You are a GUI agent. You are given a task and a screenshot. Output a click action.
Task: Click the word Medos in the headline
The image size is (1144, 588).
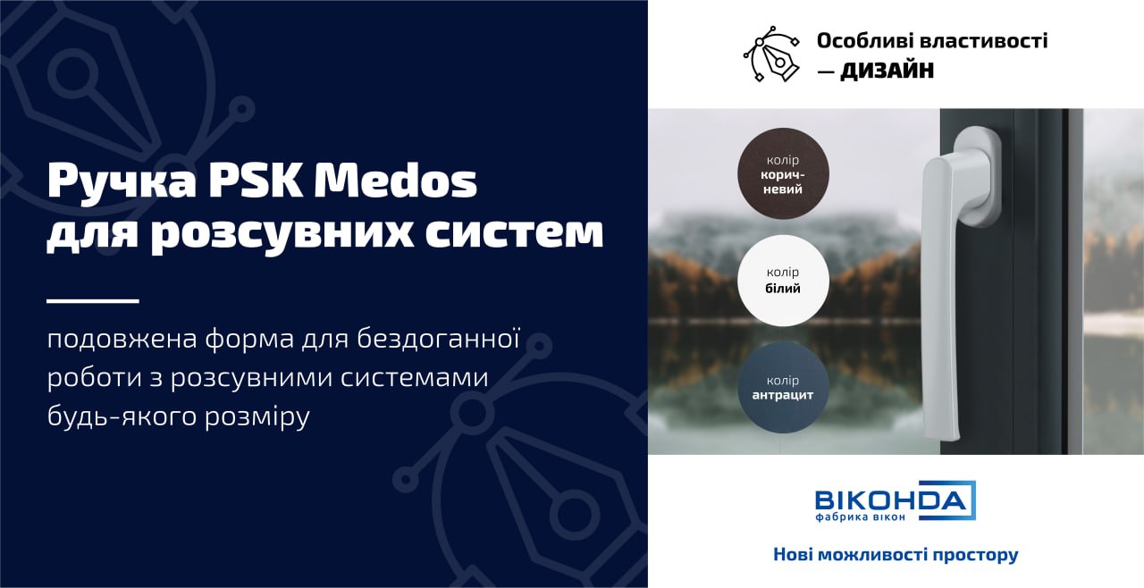(395, 181)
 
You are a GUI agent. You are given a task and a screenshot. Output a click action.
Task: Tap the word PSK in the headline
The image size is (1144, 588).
(255, 181)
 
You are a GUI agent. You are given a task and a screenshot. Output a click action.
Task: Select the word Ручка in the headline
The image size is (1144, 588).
(122, 182)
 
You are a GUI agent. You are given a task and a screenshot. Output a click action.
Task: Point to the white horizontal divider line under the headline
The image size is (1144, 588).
(93, 301)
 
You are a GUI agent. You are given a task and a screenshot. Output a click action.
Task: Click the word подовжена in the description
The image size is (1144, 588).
(122, 340)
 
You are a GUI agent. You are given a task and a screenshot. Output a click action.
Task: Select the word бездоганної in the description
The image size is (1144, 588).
(438, 339)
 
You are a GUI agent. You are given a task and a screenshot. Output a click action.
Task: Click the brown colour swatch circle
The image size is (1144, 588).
(783, 173)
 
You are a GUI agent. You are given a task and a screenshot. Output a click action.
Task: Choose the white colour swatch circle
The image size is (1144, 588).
(783, 281)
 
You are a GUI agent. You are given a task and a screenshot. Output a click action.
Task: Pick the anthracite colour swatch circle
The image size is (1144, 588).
(783, 388)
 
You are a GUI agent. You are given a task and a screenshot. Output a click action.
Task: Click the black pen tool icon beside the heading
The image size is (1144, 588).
(771, 54)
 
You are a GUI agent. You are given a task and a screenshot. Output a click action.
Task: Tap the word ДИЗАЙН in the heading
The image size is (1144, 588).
(887, 71)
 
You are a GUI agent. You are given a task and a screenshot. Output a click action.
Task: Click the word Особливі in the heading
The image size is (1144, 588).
(870, 41)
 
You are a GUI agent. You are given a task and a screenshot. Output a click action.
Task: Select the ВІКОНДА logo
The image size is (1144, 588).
(896, 500)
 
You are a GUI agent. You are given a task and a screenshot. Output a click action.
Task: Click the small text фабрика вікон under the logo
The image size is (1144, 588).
(861, 517)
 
